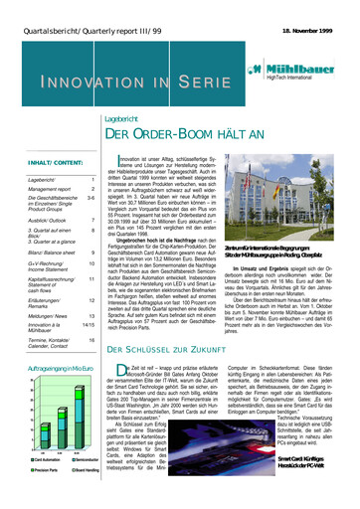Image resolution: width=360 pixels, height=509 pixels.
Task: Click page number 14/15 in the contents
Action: click(x=87, y=324)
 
